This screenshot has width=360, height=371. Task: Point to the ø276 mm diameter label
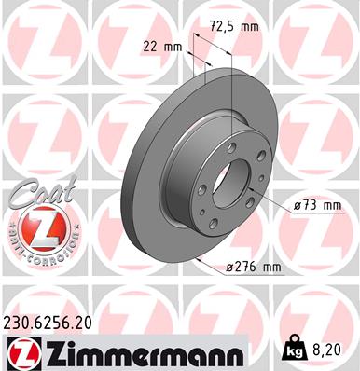(x=255, y=268)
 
